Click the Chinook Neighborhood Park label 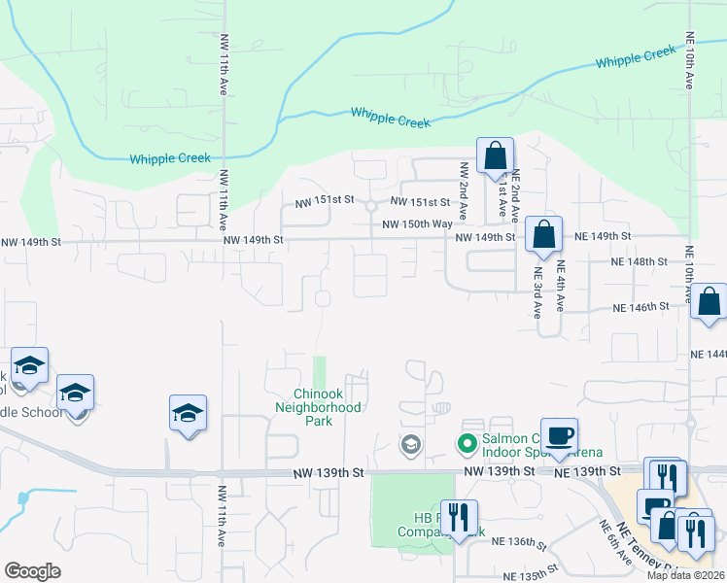(x=328, y=407)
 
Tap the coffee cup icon (x=558, y=437)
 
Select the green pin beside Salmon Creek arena (x=467, y=444)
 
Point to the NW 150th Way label (x=417, y=223)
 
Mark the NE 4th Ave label (x=560, y=291)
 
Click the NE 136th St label (x=516, y=541)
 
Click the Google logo (x=32, y=571)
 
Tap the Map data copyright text (x=686, y=575)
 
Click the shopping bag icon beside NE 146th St (x=710, y=303)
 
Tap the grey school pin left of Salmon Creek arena (x=410, y=446)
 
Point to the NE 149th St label (x=603, y=236)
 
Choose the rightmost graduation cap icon (x=188, y=414)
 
